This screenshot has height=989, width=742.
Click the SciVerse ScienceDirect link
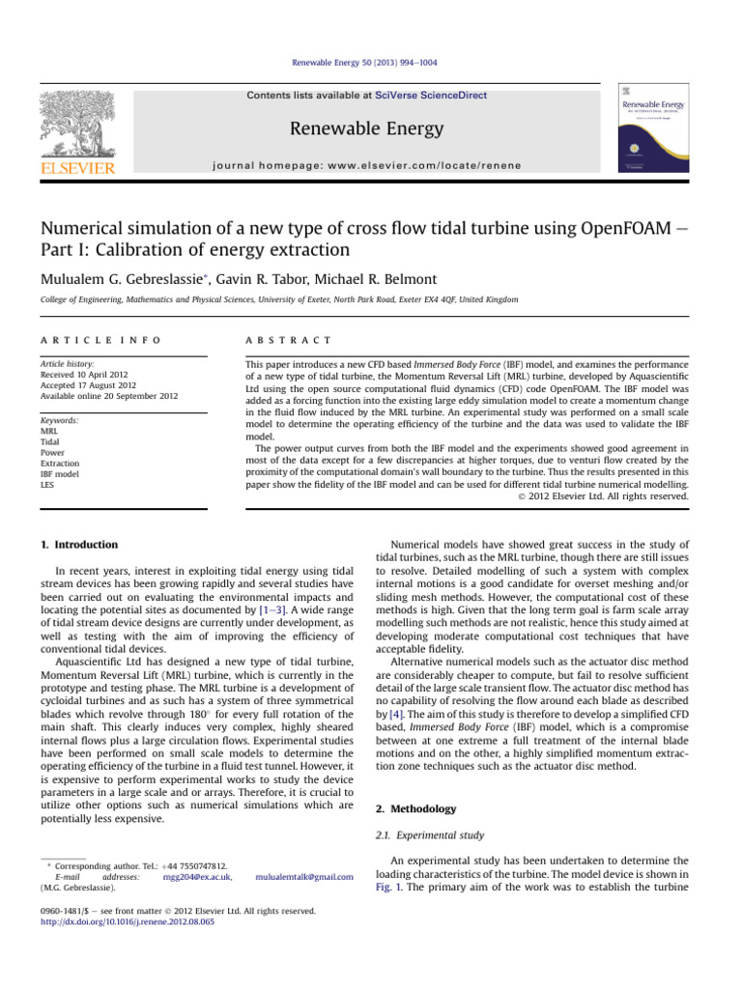click(432, 96)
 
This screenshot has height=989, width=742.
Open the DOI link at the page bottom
click(142, 921)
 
